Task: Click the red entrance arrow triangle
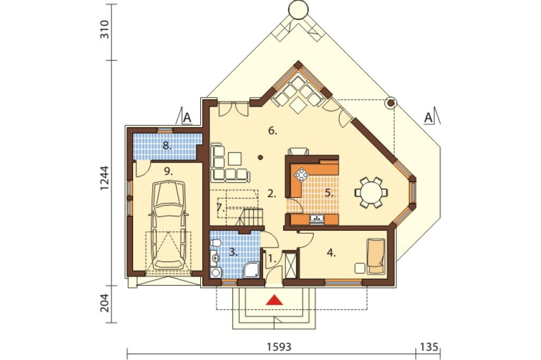point(275,300)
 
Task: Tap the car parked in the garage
point(169,226)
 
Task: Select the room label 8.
point(167,146)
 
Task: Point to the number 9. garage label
point(168,172)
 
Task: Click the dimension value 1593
point(279,346)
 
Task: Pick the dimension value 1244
point(104,178)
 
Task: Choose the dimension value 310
point(104,30)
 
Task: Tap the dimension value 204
point(104,303)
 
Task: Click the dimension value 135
point(429,346)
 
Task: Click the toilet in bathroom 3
point(216,244)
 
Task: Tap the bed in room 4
point(376,256)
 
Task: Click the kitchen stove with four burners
point(302,175)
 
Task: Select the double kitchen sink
point(316,219)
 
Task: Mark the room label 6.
point(272,131)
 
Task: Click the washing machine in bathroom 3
point(216,272)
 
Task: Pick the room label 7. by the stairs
point(220,208)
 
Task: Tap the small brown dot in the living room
point(260,158)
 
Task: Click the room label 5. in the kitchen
point(329,193)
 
